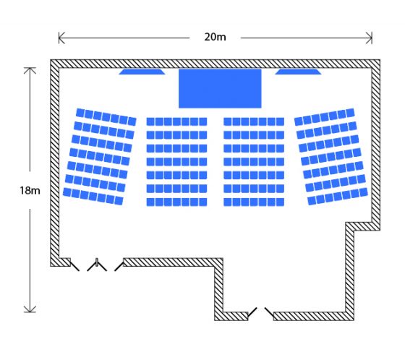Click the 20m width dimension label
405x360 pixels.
pyautogui.click(x=215, y=37)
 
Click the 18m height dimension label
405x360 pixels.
pyautogui.click(x=30, y=191)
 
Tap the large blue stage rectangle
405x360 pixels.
pyautogui.click(x=220, y=88)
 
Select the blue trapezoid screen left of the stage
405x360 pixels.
pyautogui.click(x=142, y=72)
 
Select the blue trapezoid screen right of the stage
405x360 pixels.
pyautogui.click(x=298, y=72)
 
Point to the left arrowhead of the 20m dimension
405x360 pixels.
pyautogui.click(x=61, y=38)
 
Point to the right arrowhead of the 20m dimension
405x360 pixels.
pyautogui.click(x=369, y=38)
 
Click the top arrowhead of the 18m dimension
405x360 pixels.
pyautogui.click(x=30, y=70)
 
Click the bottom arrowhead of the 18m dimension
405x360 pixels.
pyautogui.click(x=30, y=309)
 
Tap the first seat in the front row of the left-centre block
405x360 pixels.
pyautogui.click(x=150, y=121)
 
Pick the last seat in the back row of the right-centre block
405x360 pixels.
pyautogui.click(x=281, y=202)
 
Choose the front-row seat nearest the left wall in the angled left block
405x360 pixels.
pyautogui.click(x=80, y=113)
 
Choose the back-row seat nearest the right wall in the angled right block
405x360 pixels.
pyautogui.click(x=363, y=192)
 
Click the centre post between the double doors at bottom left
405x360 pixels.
pyautogui.click(x=97, y=262)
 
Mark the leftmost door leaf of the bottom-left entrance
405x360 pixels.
pyautogui.click(x=74, y=266)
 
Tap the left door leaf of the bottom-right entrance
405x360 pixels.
pyautogui.click(x=252, y=312)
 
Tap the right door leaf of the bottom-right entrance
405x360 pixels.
pyautogui.click(x=269, y=312)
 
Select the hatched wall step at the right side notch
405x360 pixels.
pyautogui.click(x=362, y=226)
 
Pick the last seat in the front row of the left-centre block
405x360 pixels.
pyautogui.click(x=203, y=121)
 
